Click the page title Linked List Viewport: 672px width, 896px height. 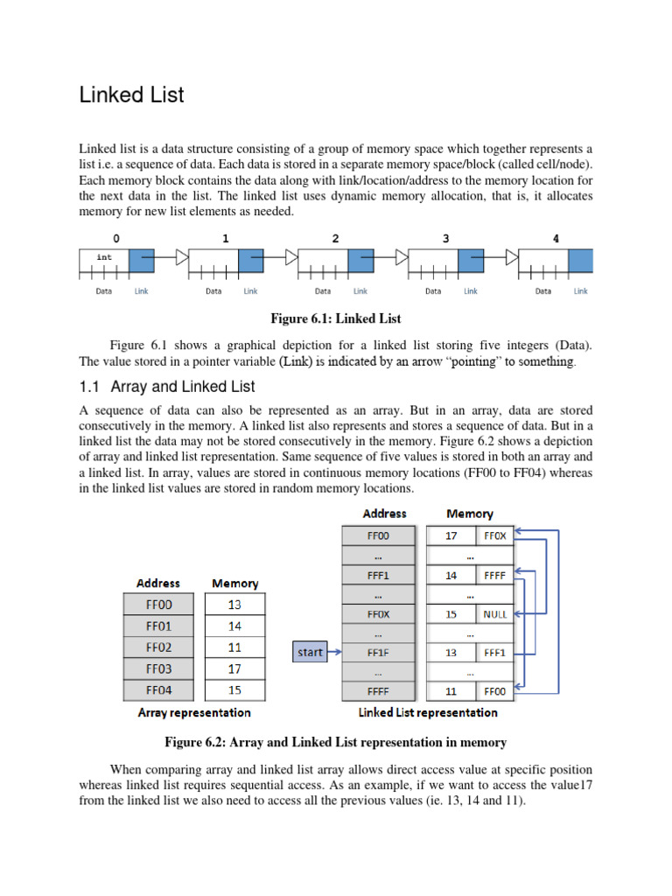point(131,94)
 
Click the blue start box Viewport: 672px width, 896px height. point(310,652)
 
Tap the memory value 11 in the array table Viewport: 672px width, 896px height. point(234,647)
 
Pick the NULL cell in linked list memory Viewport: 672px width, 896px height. point(494,614)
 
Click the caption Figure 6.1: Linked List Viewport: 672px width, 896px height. point(336,318)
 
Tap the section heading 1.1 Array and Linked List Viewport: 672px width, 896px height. point(167,386)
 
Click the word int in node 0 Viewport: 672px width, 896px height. point(104,257)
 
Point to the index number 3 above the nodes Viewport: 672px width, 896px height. point(446,237)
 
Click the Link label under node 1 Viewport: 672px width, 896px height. point(250,291)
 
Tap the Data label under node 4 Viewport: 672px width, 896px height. point(543,291)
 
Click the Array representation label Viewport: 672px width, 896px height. point(194,713)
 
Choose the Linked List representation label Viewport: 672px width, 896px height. point(428,713)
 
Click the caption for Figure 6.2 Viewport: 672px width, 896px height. point(336,742)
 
